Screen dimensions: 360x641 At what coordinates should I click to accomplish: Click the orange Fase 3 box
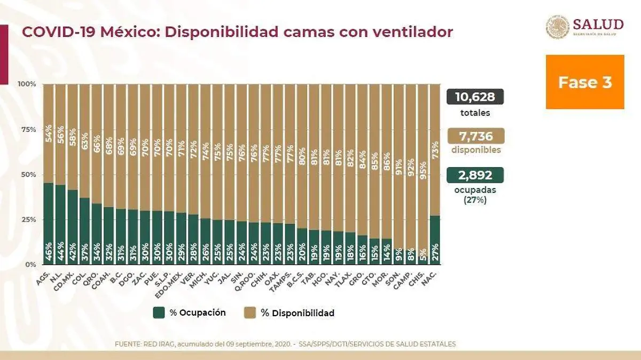pos(585,82)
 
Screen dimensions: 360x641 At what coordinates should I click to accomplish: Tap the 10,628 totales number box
pos(475,97)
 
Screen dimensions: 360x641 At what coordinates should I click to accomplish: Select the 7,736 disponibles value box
pos(475,136)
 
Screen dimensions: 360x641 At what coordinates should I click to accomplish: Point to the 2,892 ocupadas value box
pos(475,175)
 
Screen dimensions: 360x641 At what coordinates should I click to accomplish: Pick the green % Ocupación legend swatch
pos(159,312)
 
